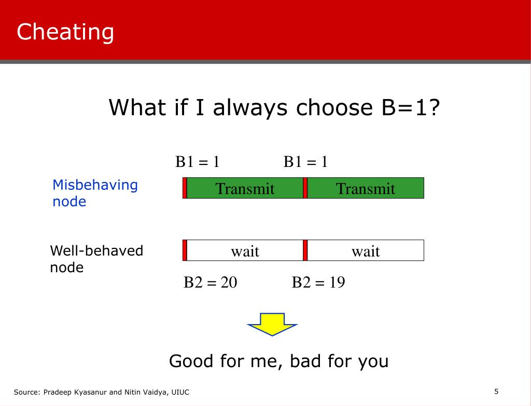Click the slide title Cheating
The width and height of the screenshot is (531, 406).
click(65, 32)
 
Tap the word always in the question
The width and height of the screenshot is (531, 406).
click(250, 107)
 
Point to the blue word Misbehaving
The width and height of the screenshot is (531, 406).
click(95, 185)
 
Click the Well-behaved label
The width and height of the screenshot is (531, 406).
click(96, 250)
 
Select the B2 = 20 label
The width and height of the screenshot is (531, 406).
click(211, 282)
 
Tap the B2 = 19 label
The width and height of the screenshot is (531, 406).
click(318, 282)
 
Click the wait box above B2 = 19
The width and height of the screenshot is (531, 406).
click(366, 250)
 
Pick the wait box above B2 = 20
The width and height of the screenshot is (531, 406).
click(245, 250)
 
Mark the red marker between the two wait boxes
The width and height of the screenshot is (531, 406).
click(305, 250)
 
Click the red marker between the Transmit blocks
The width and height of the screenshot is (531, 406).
click(305, 188)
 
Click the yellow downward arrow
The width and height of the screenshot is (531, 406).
click(272, 324)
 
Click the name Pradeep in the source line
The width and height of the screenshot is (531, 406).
click(57, 392)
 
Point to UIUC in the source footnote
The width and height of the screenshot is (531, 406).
click(180, 392)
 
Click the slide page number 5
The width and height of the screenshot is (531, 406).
click(496, 391)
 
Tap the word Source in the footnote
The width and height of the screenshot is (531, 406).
click(27, 392)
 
